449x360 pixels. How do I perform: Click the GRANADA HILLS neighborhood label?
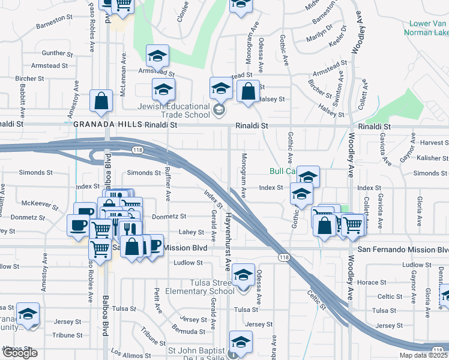pos(107,125)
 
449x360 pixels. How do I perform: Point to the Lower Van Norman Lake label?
pos(420,28)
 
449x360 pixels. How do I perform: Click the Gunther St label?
pos(58,53)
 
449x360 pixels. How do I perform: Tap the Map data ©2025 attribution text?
pos(423,355)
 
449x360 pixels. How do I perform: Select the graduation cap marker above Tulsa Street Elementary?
pos(243,275)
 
